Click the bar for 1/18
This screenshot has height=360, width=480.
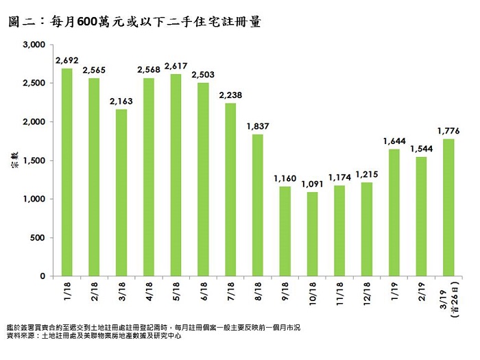point(67,172)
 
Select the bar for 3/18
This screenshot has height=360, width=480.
point(121,193)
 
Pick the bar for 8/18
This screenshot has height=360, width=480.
point(258,205)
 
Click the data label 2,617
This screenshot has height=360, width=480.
point(176,66)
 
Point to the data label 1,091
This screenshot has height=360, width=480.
point(313,184)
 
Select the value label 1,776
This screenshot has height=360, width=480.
point(448,131)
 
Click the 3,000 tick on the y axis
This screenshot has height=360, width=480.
point(34,45)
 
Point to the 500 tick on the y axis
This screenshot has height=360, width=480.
point(38,238)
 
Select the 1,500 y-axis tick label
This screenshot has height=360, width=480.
point(34,160)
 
